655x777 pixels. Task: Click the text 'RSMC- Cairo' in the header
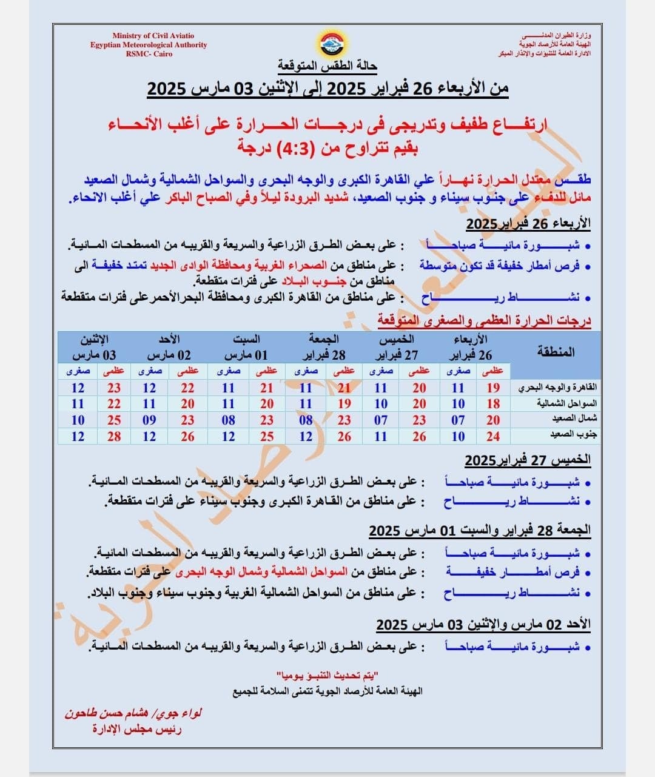(x=149, y=54)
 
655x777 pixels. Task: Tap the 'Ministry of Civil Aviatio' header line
(x=153, y=36)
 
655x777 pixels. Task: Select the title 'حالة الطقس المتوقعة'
(x=327, y=66)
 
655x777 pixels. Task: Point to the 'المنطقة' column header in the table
(x=556, y=352)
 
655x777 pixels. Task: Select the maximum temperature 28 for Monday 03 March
(x=114, y=436)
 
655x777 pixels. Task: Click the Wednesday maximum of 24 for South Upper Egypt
(x=493, y=436)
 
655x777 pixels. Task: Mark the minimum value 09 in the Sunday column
(x=149, y=420)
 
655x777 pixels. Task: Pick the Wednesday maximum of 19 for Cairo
(x=493, y=388)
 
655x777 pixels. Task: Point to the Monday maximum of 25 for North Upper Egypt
(x=114, y=420)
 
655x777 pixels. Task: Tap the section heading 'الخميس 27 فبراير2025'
(x=528, y=460)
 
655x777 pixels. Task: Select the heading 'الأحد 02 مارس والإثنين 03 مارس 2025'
(x=483, y=624)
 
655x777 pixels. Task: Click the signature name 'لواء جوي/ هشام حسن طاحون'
(x=133, y=713)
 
